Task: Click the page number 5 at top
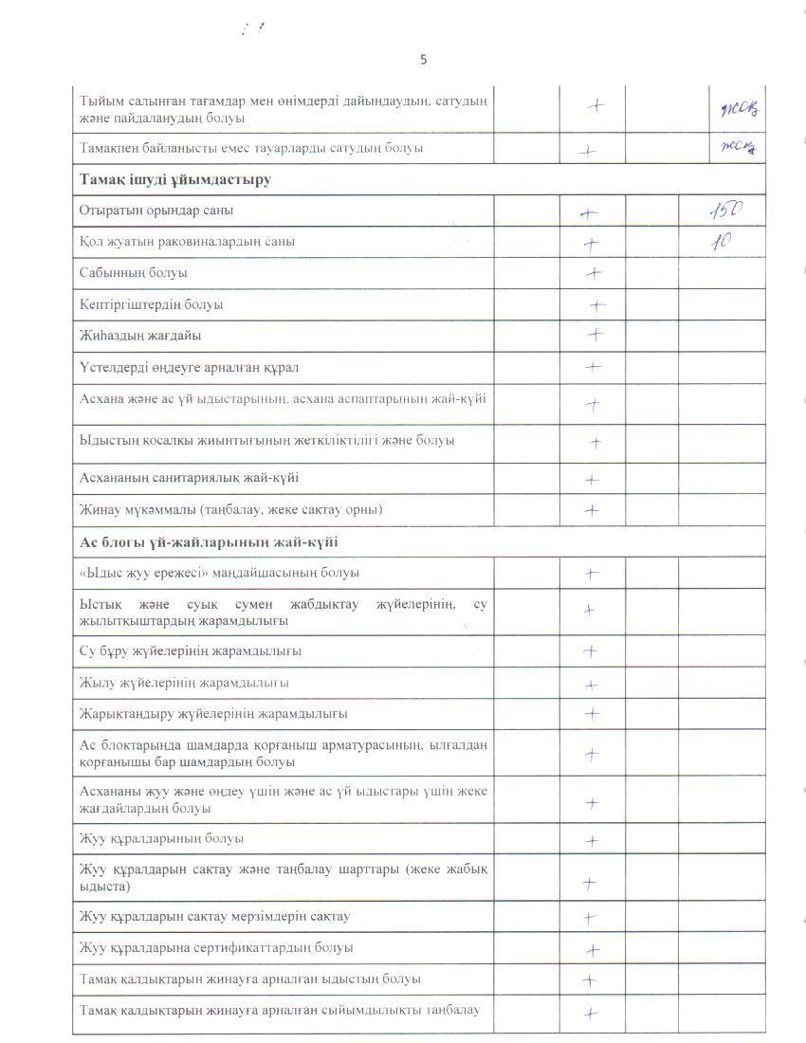[x=423, y=60]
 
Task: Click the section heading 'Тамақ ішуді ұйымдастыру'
[x=175, y=179]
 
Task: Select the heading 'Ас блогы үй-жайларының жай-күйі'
[x=210, y=542]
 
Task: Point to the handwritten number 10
[x=722, y=241]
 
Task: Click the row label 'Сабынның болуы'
[x=134, y=273]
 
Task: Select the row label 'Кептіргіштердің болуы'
[x=152, y=304]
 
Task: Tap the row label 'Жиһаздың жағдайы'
[x=141, y=336]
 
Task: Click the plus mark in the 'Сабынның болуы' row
[x=595, y=274]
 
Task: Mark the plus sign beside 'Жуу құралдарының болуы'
[x=593, y=841]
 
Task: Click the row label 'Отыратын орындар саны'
[x=157, y=210]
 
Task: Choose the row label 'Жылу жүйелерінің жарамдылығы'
[x=185, y=683]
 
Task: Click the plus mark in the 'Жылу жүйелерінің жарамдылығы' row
[x=592, y=685]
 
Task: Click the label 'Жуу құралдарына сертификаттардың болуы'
[x=217, y=947]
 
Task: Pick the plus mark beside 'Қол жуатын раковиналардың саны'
[x=592, y=244]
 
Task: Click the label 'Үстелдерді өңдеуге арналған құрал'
[x=190, y=367]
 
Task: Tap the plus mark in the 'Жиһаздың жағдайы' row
[x=595, y=335]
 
